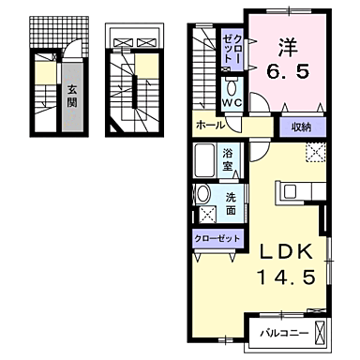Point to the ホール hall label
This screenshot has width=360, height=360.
click(209, 124)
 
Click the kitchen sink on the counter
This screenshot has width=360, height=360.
click(289, 191)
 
